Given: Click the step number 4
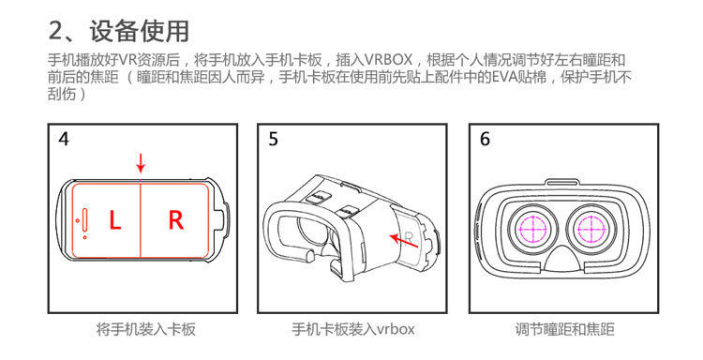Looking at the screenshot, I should [x=63, y=140].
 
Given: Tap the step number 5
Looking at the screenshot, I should [x=273, y=140].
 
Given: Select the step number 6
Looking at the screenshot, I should [x=485, y=140].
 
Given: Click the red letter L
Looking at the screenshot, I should [x=113, y=221].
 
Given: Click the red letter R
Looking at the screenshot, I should [x=175, y=221].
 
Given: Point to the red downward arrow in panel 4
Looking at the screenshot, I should [x=141, y=162].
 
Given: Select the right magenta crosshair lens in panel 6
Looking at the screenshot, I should [x=591, y=228].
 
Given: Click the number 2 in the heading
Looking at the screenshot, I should [x=58, y=30].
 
